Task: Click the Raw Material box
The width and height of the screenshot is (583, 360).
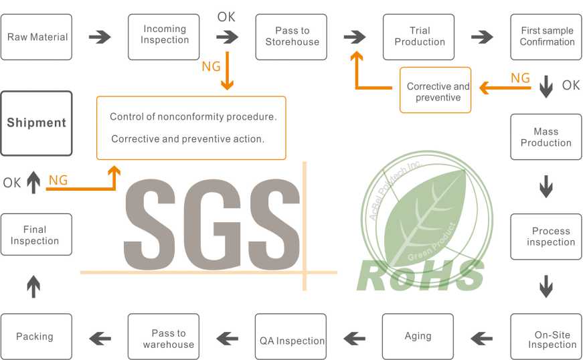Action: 36,37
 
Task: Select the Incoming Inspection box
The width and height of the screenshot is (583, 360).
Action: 163,37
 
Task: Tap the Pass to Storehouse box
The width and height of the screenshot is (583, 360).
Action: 291,37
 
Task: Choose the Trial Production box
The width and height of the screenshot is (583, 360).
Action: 418,37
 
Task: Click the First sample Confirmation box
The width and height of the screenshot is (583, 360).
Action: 546,37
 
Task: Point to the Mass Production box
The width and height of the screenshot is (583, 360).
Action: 546,137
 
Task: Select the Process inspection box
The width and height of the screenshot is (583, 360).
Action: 546,237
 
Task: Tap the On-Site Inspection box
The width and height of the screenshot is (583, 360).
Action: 546,337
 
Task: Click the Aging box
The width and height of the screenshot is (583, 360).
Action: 418,337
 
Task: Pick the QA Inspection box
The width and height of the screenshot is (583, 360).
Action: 290,337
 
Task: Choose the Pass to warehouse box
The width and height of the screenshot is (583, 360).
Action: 163,337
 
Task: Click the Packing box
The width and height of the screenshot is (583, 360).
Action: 36,337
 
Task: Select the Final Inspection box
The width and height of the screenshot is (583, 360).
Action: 36,234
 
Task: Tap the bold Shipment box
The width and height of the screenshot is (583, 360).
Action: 36,123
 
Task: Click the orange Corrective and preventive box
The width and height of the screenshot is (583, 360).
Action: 435,90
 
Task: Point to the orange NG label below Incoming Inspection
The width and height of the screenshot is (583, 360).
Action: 212,67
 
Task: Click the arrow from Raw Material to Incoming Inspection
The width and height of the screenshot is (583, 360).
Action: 100,37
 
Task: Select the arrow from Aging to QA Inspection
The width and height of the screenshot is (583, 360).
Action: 354,339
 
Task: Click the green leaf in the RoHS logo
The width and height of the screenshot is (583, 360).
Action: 424,217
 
